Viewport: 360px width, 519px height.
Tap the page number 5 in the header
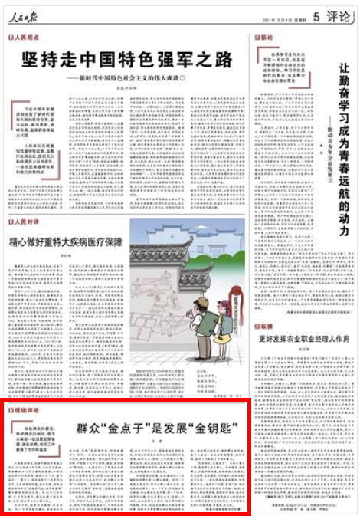click(x=316, y=11)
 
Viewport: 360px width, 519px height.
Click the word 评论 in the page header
click(x=338, y=11)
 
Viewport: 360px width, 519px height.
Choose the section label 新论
click(x=265, y=37)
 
